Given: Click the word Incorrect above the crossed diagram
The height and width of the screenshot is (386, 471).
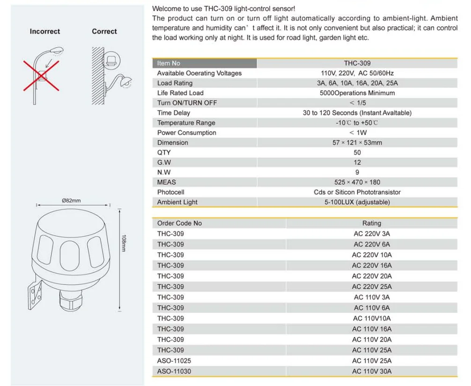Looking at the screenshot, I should coord(45,31).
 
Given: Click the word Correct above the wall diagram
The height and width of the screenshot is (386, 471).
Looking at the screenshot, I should coord(104,31).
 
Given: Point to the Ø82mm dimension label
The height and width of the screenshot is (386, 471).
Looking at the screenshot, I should coord(71,201).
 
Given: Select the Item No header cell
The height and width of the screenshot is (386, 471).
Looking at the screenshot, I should coord(169,63).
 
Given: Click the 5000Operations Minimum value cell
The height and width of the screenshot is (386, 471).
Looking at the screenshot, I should coord(357,93).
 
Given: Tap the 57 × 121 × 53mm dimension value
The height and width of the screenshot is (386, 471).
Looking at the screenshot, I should coord(357,142).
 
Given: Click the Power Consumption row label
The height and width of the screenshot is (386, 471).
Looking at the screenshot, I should coord(186,133).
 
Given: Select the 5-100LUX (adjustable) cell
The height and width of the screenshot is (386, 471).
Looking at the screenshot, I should coord(357,202).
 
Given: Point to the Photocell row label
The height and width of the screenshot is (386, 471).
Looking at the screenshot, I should coord(171,192).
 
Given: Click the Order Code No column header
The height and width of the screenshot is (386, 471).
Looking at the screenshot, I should coord(179,223).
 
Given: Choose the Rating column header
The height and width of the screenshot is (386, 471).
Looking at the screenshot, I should coord(372,223).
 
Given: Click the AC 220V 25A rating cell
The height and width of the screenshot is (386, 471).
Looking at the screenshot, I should coord(372,287).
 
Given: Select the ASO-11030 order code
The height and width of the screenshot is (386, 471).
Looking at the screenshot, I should coord(174,371).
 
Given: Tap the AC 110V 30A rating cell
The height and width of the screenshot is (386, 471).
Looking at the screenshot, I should coord(372,371).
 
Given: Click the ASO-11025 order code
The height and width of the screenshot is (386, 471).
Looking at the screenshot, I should coord(174,361).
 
